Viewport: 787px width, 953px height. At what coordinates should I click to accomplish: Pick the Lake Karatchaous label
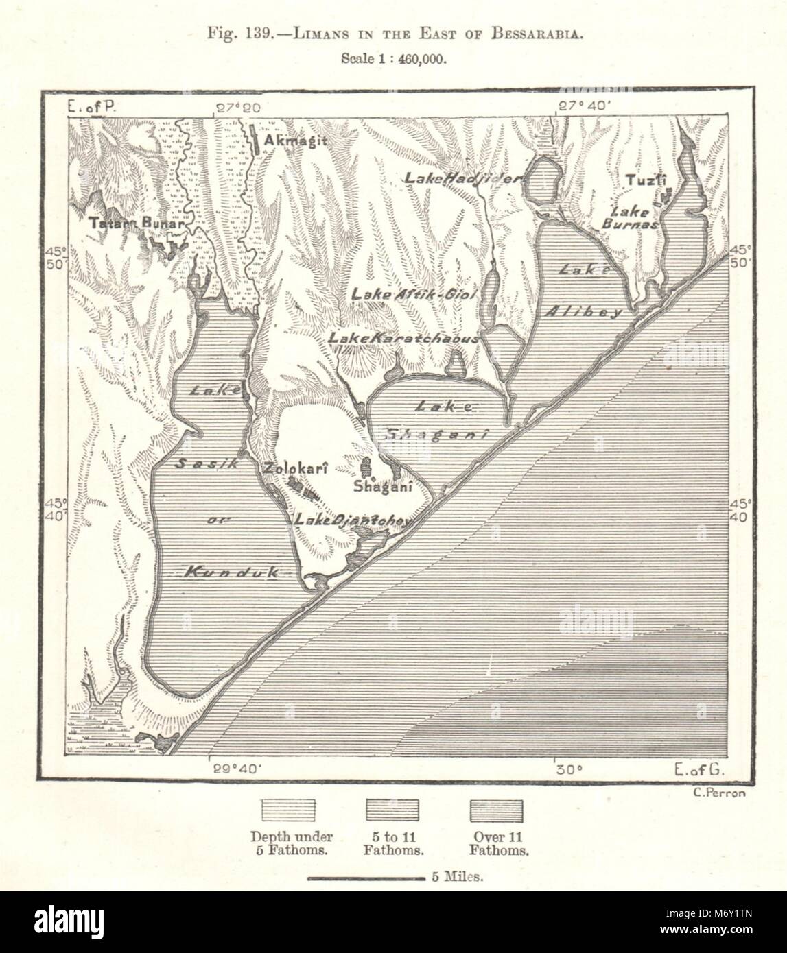[x=403, y=338]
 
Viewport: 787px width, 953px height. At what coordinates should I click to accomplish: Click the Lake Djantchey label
[x=353, y=520]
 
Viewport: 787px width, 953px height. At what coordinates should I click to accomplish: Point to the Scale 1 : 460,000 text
[x=394, y=60]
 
